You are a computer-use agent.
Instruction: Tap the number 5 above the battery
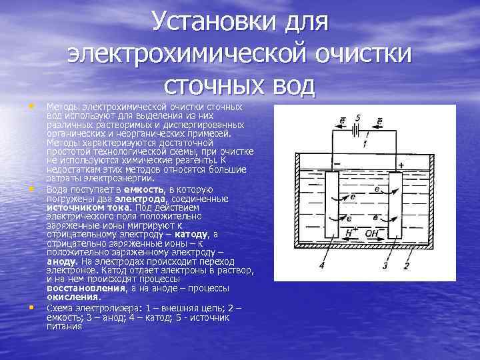pyautogui.click(x=358, y=119)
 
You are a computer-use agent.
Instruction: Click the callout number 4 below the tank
pyautogui.click(x=322, y=266)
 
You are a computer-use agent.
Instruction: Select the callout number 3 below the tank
pyautogui.click(x=385, y=266)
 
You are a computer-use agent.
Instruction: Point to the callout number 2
pyautogui.click(x=406, y=266)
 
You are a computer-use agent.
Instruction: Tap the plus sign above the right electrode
pyautogui.click(x=401, y=164)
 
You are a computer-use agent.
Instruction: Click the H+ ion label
pyautogui.click(x=349, y=233)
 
